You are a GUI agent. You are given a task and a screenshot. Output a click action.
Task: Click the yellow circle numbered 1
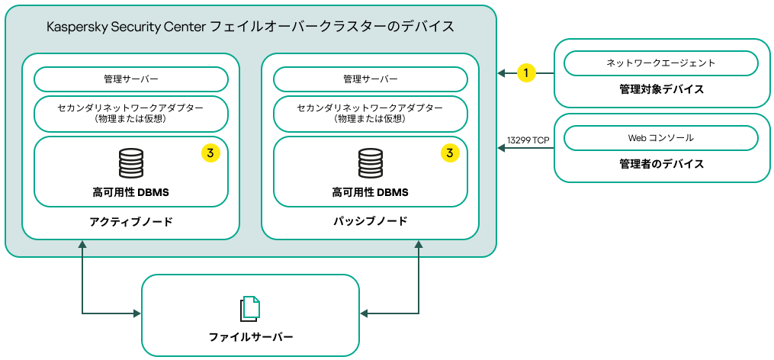[x=526, y=72]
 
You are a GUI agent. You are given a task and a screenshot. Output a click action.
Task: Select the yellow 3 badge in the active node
[x=210, y=153]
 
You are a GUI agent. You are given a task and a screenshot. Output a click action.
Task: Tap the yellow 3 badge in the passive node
[x=450, y=153]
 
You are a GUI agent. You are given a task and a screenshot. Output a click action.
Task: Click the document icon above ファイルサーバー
[x=250, y=308]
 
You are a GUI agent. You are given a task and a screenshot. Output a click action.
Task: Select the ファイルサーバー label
[x=250, y=336]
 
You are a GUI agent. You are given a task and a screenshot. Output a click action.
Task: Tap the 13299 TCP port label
[x=528, y=140]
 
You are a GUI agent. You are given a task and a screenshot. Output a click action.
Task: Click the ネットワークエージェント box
[x=660, y=63]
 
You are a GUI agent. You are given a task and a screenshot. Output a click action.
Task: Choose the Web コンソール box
[x=660, y=138]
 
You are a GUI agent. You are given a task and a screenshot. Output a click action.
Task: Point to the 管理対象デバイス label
[x=660, y=89]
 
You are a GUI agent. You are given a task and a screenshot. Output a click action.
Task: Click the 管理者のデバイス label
[x=660, y=164]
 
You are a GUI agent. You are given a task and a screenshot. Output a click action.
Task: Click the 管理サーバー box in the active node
[x=130, y=79]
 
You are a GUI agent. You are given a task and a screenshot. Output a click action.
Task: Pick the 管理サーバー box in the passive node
[x=370, y=79]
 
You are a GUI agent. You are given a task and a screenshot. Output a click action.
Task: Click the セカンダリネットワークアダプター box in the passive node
[x=370, y=114]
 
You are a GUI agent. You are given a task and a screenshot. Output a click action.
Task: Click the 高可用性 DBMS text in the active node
[x=130, y=192]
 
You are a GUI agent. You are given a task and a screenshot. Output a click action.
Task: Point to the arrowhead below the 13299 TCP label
[x=501, y=149]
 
